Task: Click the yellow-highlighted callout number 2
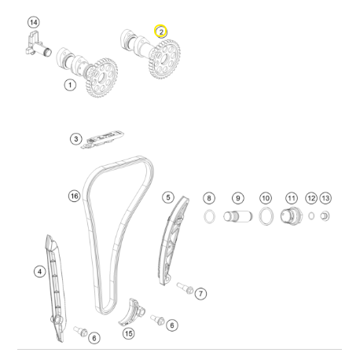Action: click(160, 31)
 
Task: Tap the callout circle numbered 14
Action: click(34, 22)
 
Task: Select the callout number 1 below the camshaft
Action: click(70, 85)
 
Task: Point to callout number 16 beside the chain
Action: click(74, 196)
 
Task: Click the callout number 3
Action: click(76, 139)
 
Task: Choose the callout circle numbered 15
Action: click(128, 333)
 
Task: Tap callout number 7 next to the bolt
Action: click(200, 293)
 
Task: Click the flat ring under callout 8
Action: click(210, 217)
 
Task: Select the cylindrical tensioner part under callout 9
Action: click(238, 216)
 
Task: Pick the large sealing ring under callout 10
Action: click(266, 216)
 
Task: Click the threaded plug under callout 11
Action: click(292, 216)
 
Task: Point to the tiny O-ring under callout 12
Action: click(311, 216)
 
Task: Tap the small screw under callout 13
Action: click(325, 216)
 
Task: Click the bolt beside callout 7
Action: click(186, 288)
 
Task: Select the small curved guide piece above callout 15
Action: click(132, 313)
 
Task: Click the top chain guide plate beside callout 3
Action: click(102, 139)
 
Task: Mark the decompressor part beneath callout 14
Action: click(39, 45)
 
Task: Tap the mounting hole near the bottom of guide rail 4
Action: click(55, 319)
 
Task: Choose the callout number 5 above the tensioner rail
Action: click(168, 197)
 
